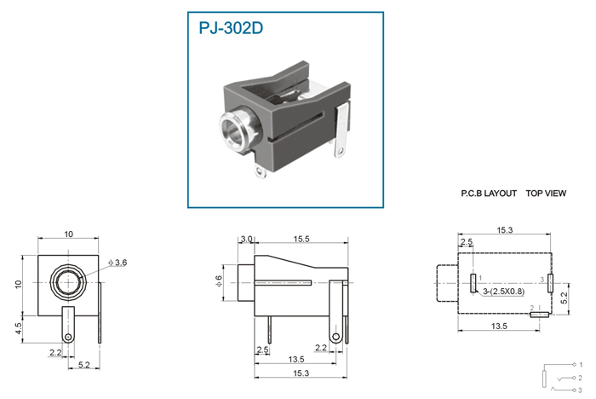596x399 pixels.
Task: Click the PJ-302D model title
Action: [x=231, y=28]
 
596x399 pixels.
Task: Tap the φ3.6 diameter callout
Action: [x=117, y=263]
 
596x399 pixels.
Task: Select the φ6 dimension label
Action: [x=219, y=281]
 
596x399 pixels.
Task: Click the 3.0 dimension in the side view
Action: [x=246, y=239]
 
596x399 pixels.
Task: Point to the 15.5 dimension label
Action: [x=301, y=239]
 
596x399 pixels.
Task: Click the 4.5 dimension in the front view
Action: [x=19, y=329]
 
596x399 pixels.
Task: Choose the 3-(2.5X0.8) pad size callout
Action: [x=504, y=292]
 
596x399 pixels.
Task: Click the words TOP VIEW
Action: [x=546, y=194]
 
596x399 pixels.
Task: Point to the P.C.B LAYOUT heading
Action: [x=489, y=194]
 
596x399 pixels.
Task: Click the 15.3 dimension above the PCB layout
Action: [x=505, y=230]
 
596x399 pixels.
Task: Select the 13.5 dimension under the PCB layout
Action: [x=499, y=326]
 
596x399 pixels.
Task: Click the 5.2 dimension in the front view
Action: [x=83, y=365]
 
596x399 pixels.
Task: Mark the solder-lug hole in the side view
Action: [x=335, y=337]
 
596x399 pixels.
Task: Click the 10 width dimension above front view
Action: [x=68, y=234]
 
